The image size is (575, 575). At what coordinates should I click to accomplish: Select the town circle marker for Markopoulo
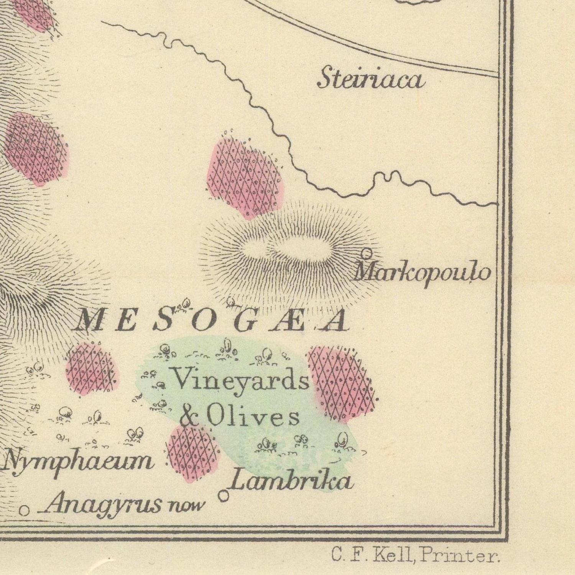(367, 253)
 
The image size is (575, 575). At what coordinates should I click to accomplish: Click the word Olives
(253, 417)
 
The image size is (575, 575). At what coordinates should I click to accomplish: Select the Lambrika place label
(291, 481)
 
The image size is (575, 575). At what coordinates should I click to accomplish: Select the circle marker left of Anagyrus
(24, 510)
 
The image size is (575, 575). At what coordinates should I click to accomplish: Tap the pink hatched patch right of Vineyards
(339, 383)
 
